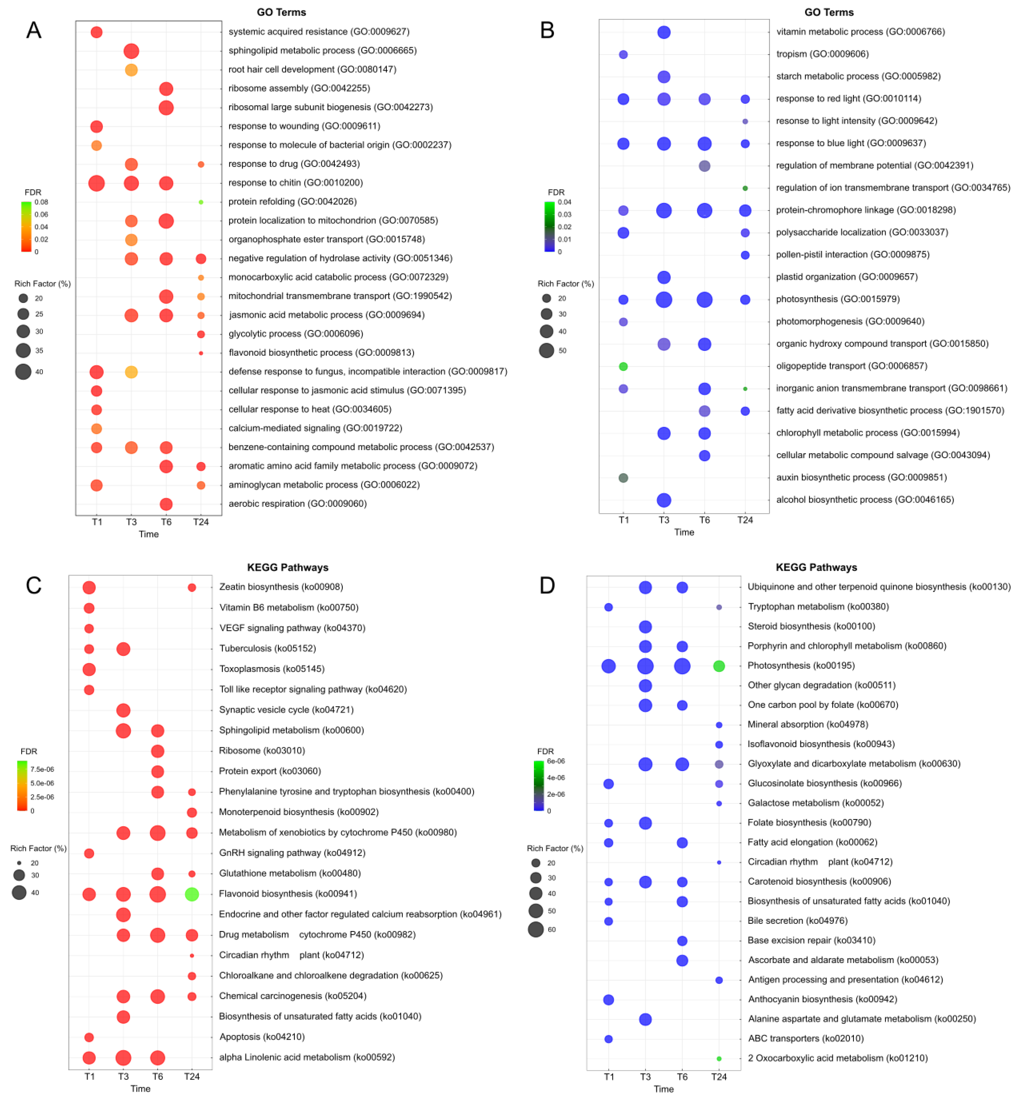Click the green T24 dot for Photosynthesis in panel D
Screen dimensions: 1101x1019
pyautogui.click(x=719, y=666)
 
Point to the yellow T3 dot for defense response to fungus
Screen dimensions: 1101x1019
pyautogui.click(x=131, y=372)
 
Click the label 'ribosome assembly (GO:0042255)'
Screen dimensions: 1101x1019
pyautogui.click(x=299, y=88)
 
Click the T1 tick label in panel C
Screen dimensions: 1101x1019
pyautogui.click(x=89, y=1076)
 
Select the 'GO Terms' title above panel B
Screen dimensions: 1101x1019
pyautogui.click(x=829, y=12)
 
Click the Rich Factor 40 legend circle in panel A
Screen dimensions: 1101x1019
pyautogui.click(x=23, y=371)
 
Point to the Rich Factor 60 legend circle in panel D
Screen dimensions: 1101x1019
pyautogui.click(x=535, y=929)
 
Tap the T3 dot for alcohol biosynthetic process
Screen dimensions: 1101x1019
pyautogui.click(x=664, y=500)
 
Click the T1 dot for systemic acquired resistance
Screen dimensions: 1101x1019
pyautogui.click(x=96, y=32)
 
